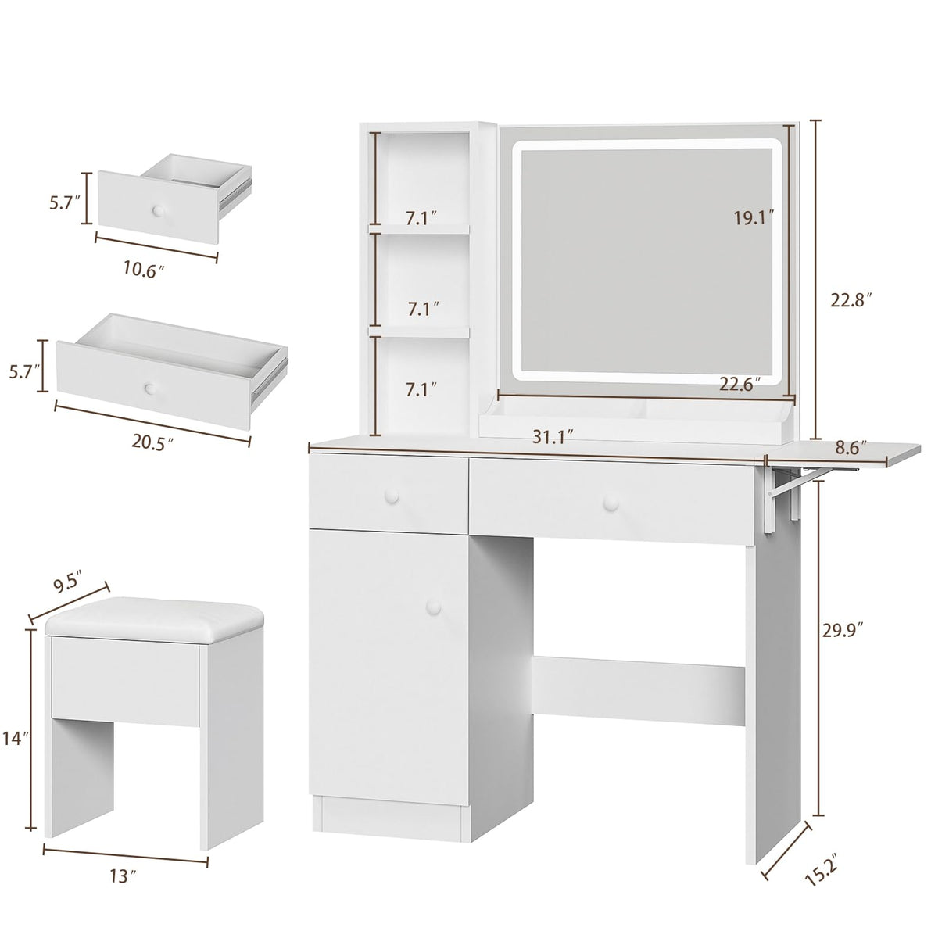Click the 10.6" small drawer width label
[145, 270]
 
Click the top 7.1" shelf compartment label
[422, 218]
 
